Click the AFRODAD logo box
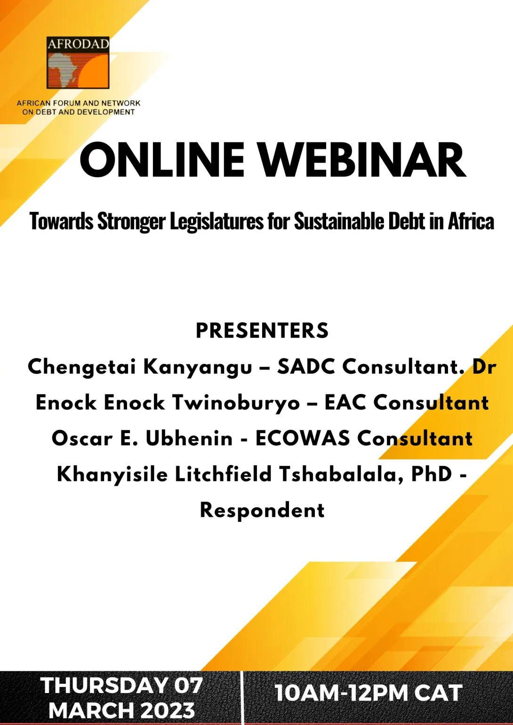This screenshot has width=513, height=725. coord(78,63)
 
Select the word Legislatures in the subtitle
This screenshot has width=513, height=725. coord(217,221)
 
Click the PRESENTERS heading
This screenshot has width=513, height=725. coord(262,331)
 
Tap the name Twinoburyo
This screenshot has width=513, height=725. coord(236,403)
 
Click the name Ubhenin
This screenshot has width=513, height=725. coord(189,439)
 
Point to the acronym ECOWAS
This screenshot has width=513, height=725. coord(303,439)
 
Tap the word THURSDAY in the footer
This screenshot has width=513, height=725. coord(104,686)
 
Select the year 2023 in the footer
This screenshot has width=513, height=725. coord(168,710)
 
